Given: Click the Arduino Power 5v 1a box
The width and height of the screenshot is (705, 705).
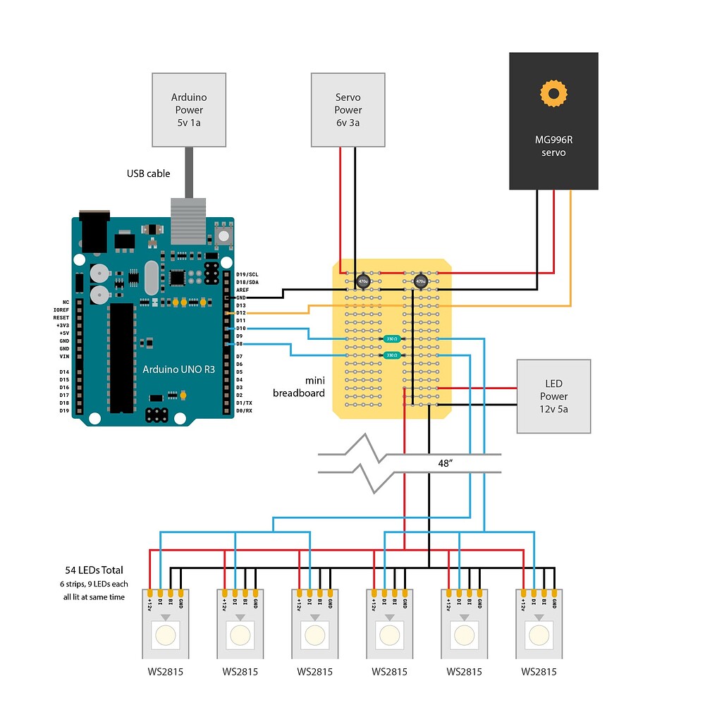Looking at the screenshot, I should point(188,109).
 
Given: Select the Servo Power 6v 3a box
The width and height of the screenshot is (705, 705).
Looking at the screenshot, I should point(348,109).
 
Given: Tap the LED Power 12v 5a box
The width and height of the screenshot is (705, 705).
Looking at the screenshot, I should point(553,396).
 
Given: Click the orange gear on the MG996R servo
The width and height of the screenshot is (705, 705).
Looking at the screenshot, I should point(553,93).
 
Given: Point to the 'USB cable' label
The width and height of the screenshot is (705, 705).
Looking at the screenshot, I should point(148,173).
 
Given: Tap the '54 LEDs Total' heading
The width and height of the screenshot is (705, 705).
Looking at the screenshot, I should point(92,570).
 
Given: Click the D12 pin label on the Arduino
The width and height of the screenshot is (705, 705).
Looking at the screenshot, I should point(240,312).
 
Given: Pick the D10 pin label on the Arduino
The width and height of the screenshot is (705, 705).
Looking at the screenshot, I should point(240,329).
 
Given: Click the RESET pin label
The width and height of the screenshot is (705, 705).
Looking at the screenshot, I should point(61,318).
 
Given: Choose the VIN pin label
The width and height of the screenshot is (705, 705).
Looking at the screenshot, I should point(64,356).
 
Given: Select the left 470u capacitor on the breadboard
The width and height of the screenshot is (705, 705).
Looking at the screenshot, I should point(363,281).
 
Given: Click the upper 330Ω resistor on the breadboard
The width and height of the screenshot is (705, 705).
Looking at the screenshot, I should point(391,339).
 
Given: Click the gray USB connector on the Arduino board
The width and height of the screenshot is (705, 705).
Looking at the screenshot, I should point(188,221).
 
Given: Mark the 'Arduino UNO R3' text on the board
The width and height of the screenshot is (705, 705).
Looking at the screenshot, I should point(178,369).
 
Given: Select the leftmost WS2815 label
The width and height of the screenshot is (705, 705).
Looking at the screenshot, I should point(164,671).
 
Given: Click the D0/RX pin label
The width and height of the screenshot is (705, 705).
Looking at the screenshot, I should point(243,410).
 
